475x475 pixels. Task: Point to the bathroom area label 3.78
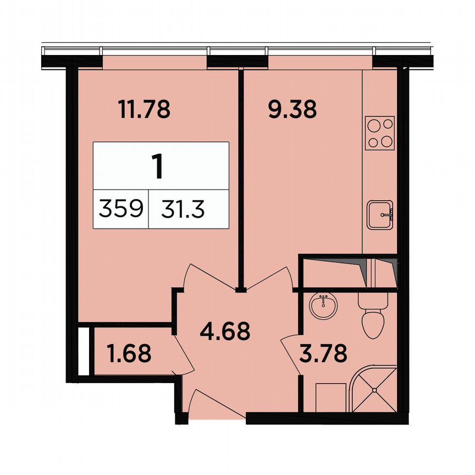tap(323, 353)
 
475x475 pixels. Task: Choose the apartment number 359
tap(121, 209)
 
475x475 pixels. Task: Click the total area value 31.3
tap(184, 209)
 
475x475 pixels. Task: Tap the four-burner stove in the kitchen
tap(380, 134)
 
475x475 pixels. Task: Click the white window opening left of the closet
tap(83, 352)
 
